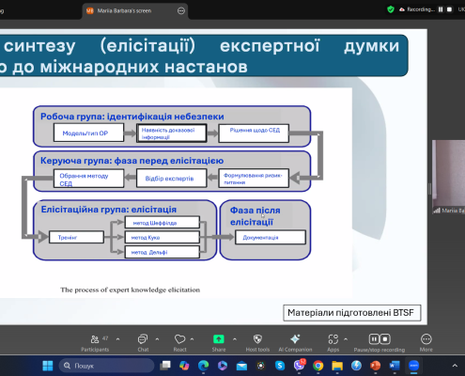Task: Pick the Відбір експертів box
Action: point(168,176)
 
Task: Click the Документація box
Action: point(260,238)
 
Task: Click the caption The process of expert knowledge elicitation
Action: point(131,290)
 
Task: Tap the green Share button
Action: point(219,341)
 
